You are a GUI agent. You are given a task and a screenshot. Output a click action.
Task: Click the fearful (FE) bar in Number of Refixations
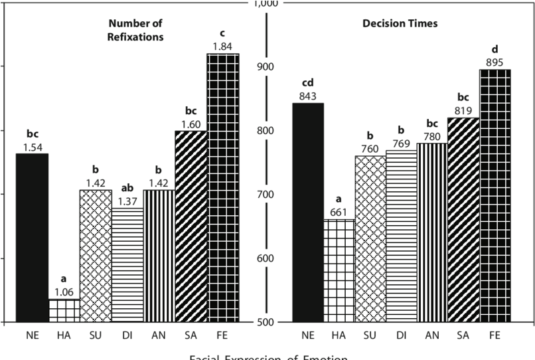(223, 187)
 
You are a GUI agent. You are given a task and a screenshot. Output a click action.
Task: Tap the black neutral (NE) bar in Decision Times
(308, 213)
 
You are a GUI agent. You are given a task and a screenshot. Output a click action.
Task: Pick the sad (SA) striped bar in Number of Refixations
(191, 226)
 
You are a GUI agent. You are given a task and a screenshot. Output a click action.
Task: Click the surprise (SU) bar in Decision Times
(370, 238)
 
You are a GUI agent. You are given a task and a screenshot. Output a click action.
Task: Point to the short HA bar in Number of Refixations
(64, 310)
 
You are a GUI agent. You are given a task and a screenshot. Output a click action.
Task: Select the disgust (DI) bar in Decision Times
(401, 236)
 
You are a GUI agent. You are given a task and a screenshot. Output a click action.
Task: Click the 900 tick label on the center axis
(266, 66)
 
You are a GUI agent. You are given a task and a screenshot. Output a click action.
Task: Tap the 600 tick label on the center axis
(266, 258)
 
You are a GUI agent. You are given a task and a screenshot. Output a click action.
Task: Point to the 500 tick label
(266, 322)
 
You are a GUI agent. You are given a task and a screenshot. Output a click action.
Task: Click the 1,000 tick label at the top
(266, 5)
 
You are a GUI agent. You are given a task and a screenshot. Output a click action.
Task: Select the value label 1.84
(222, 46)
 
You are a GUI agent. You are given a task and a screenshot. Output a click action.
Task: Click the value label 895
(495, 62)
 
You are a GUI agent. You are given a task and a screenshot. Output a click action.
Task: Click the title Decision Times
(400, 24)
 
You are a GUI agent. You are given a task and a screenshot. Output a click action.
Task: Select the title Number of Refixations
(135, 31)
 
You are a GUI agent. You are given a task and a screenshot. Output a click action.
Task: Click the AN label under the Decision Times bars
(431, 335)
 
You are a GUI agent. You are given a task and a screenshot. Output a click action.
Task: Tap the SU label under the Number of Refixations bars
(96, 335)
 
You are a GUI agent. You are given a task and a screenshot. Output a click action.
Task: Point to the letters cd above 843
(307, 83)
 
